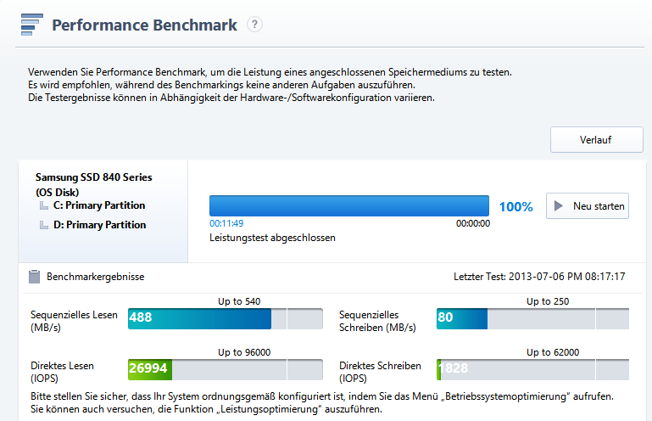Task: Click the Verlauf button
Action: [x=596, y=140]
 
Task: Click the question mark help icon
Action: [x=254, y=25]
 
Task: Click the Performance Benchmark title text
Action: [x=144, y=25]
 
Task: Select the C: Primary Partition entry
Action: [x=98, y=205]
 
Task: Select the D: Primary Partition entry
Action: [x=98, y=225]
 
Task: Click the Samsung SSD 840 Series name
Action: [x=93, y=177]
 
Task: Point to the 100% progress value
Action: [x=515, y=206]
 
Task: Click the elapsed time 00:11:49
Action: [x=226, y=223]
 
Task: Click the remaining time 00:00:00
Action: [x=472, y=223]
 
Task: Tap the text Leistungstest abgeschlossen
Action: [x=272, y=238]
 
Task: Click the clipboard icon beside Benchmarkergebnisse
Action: [x=34, y=277]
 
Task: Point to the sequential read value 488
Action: [x=141, y=318]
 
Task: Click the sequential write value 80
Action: [x=446, y=318]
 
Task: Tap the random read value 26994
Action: [x=148, y=369]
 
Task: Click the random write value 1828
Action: [x=453, y=369]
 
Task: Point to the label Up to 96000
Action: [x=243, y=352]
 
